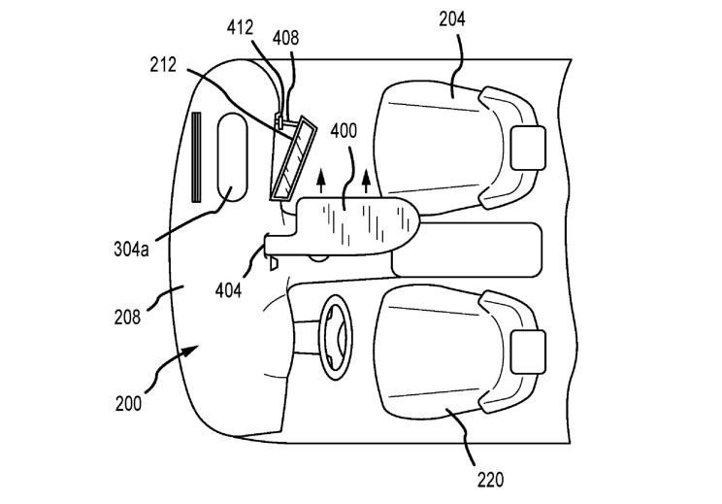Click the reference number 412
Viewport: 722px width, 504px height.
point(240,28)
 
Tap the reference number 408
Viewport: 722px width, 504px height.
point(285,38)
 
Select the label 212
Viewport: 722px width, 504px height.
point(163,65)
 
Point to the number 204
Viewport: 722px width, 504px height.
point(451,19)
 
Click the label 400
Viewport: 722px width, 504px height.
point(344,131)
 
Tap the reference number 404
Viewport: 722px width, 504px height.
point(228,290)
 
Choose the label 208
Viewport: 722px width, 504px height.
point(127,317)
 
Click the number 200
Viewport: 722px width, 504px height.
point(128,404)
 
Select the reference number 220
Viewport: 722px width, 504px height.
point(490,481)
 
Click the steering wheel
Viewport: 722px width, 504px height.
point(336,338)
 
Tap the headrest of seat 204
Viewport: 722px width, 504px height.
point(528,148)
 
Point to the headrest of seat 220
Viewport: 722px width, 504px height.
point(528,352)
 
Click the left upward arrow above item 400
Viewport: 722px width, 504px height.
point(321,182)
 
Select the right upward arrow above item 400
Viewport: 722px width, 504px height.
point(366,182)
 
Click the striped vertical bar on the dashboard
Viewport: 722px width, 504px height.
point(197,157)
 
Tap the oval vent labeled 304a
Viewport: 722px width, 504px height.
point(232,157)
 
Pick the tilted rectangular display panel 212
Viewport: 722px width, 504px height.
point(293,159)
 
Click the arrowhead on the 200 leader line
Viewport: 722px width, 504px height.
point(190,352)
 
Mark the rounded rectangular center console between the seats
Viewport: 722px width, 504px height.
point(467,250)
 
